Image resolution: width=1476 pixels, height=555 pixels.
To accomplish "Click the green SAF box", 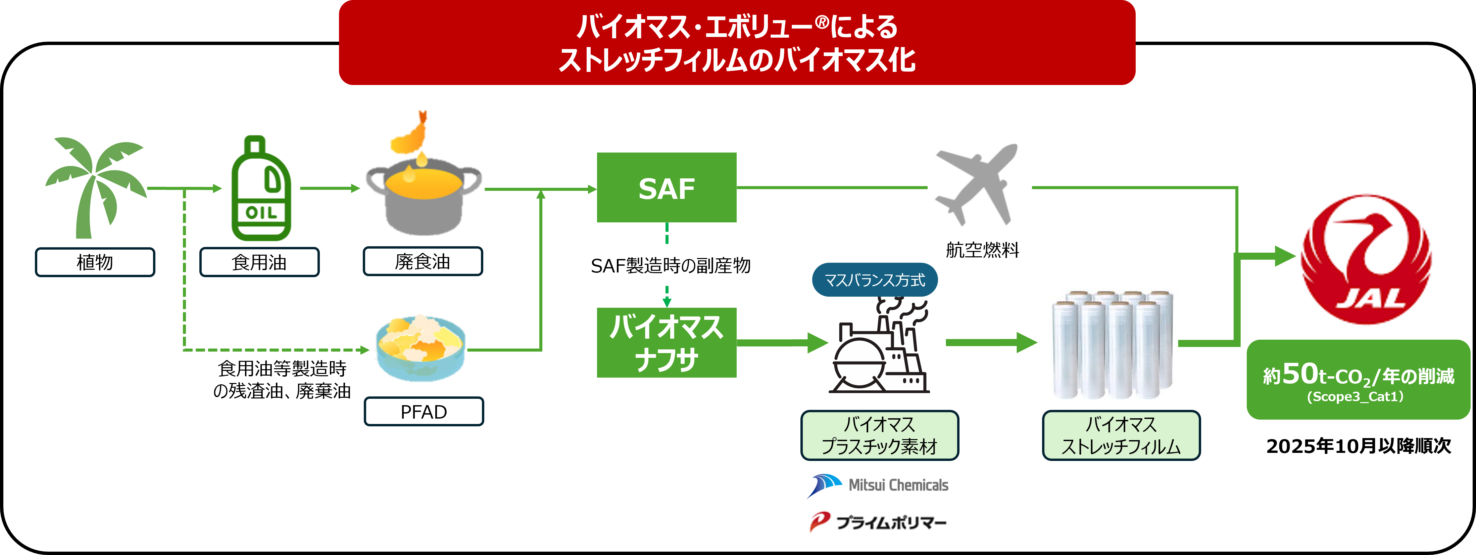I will click(x=667, y=187).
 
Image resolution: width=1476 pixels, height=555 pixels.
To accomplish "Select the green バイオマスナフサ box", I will click(x=667, y=343).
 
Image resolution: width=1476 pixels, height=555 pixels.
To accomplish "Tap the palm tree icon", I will click(x=95, y=186).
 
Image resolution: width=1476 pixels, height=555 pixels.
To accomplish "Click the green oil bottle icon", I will click(x=261, y=189).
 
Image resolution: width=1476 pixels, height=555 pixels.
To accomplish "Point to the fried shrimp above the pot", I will click(x=411, y=135).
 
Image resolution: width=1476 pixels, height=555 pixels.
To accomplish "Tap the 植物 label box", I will click(x=95, y=262).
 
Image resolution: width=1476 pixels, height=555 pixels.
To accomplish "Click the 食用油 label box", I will click(x=259, y=262).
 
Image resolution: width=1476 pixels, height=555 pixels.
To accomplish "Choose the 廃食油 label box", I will click(x=423, y=261).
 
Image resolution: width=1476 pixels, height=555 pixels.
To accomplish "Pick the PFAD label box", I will click(x=424, y=412).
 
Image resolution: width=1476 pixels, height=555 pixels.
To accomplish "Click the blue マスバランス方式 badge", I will click(x=874, y=280).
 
